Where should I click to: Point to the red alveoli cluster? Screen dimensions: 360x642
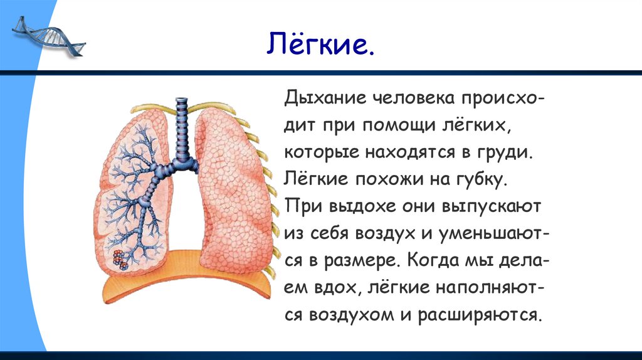pos(120,258)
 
